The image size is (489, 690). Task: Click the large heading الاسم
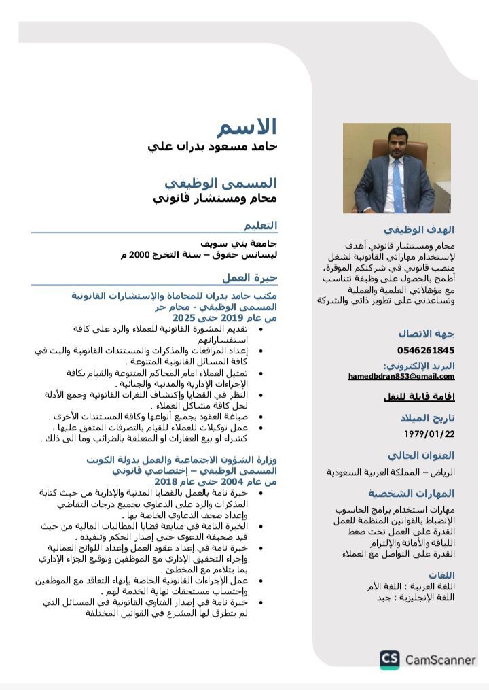pos(247,127)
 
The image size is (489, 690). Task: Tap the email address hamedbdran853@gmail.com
pos(401,377)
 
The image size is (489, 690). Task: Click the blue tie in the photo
pos(397,186)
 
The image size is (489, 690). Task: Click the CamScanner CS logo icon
pos(389,659)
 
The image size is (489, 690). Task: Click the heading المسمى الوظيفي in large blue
pos(221,183)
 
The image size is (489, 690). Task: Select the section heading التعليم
pos(261,225)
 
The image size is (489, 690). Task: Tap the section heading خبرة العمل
pos(250,278)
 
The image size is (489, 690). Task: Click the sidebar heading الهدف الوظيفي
pos(418,230)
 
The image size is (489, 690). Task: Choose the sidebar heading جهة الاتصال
pos(427,334)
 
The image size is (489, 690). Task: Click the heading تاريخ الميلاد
pos(427,418)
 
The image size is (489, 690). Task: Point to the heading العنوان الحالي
pos(421,455)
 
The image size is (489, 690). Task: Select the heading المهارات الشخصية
pos(412,494)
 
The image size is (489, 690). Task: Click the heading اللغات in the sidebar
pos(441,574)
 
